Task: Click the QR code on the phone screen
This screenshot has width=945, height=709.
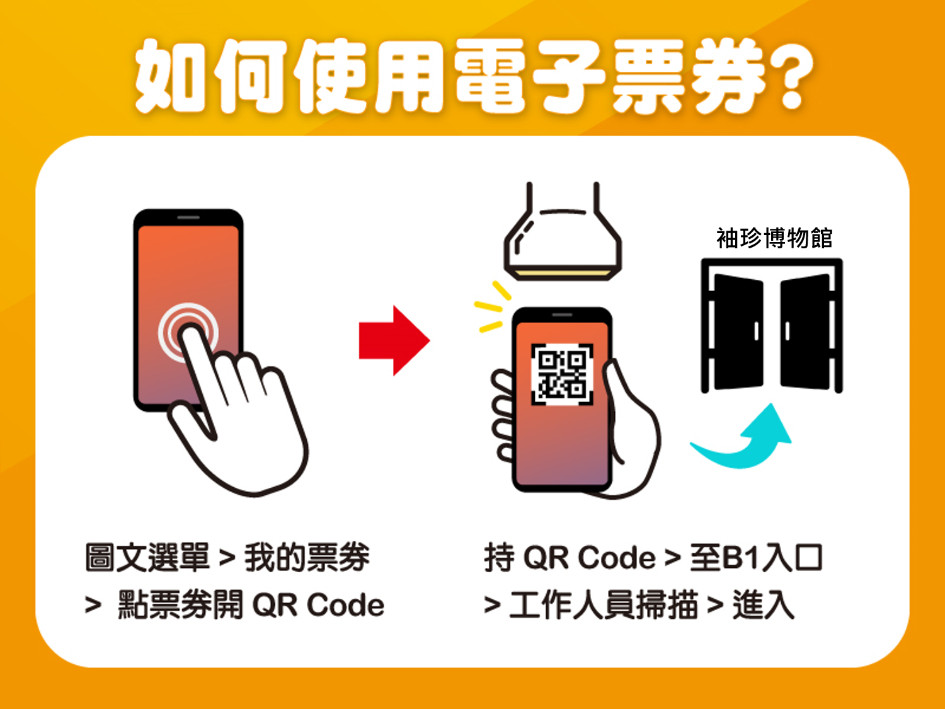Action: tap(562, 374)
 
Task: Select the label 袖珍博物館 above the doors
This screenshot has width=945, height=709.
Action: tap(774, 238)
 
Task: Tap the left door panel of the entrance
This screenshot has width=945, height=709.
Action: tap(739, 332)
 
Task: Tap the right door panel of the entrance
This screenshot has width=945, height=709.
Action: tap(805, 332)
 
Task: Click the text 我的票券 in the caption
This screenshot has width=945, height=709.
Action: tap(307, 558)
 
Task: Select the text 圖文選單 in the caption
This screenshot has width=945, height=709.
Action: tap(147, 558)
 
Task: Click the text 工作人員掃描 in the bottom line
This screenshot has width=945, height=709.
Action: tap(604, 605)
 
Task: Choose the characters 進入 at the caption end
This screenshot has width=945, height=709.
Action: tap(764, 605)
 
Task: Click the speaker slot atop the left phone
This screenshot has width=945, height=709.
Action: tap(188, 217)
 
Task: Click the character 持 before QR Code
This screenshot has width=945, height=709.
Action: tap(500, 558)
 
